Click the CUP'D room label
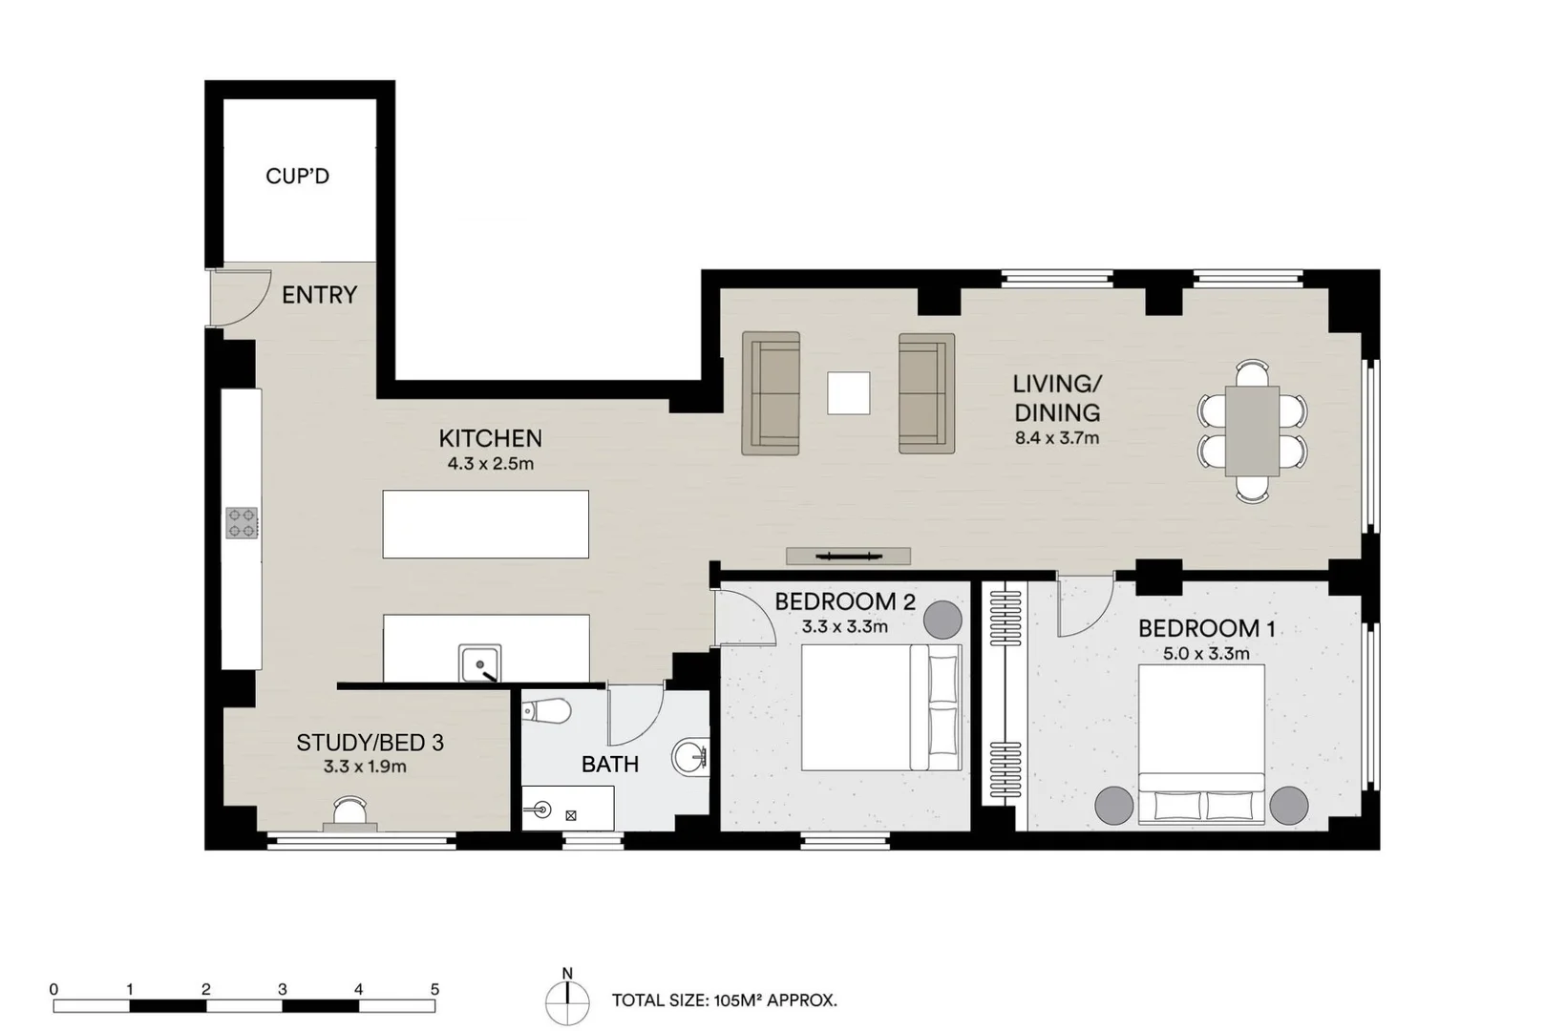(x=297, y=177)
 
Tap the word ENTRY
(x=320, y=295)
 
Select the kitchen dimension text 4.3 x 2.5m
(x=490, y=463)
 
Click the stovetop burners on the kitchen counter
(x=242, y=523)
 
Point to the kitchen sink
(x=479, y=663)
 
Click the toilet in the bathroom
(x=546, y=711)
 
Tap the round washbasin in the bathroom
(x=690, y=756)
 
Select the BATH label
(x=609, y=765)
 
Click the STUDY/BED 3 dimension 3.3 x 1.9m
(x=364, y=767)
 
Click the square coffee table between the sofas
(x=849, y=392)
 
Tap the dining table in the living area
(x=1252, y=431)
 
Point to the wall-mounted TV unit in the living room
(x=848, y=557)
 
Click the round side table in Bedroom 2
(x=942, y=620)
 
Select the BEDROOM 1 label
(x=1207, y=628)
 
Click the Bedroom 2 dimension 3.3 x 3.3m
(x=844, y=627)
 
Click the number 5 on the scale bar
(x=434, y=990)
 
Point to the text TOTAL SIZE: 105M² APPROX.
(x=724, y=1001)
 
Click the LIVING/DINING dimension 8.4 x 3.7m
(x=1057, y=438)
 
